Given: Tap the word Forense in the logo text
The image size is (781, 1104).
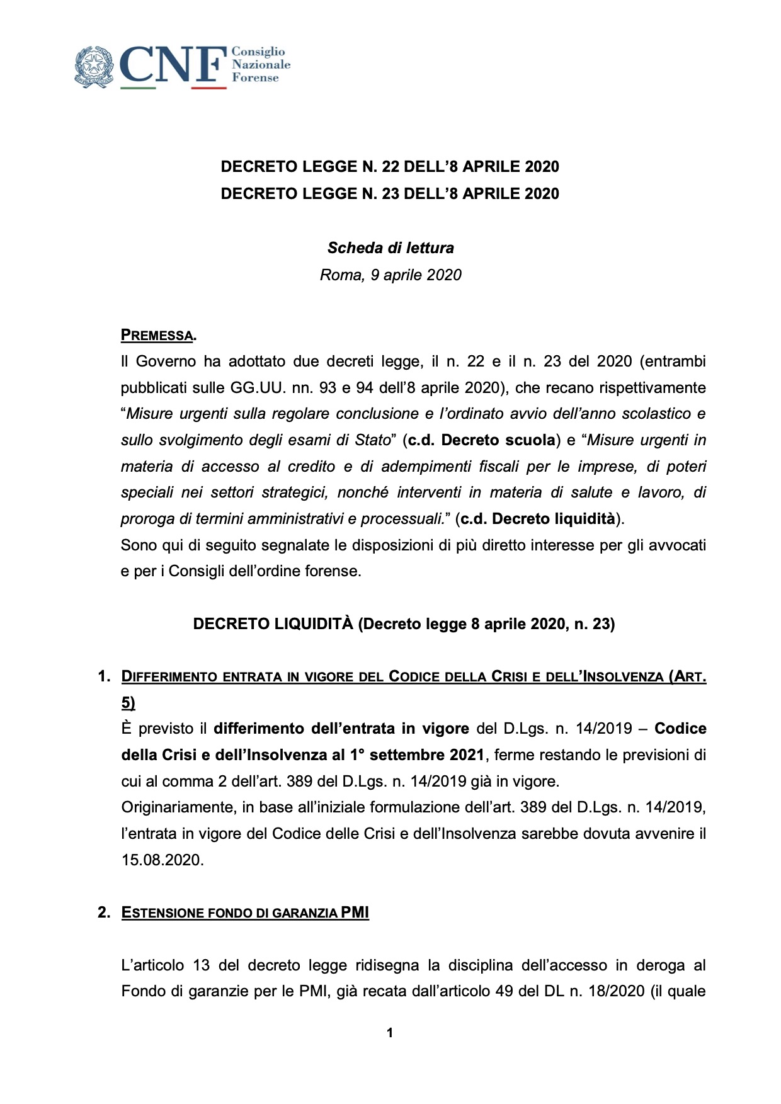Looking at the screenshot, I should pos(255,77).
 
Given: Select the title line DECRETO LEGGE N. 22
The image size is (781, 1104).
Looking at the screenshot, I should pos(389,167).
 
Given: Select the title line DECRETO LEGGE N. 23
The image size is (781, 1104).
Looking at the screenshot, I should pos(389,193).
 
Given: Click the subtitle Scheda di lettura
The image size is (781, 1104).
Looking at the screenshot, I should pos(390,248).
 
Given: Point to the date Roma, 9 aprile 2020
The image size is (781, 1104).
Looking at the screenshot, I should pos(390,275).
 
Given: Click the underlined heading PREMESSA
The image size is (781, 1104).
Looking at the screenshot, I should pos(157,335).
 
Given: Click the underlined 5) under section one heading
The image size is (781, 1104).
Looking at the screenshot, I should pos(128,703).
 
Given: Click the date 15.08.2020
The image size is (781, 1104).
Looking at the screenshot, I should pos(162,860).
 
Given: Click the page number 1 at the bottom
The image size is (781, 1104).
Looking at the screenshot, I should pos(390,1033).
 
